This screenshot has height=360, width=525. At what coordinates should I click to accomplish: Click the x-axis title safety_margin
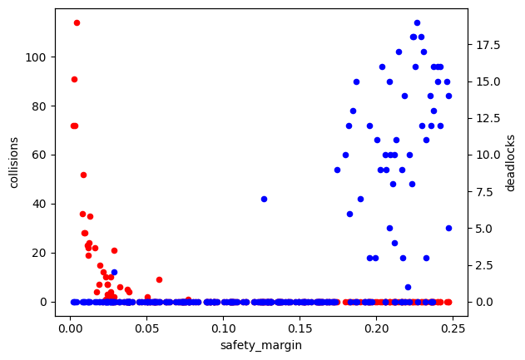coord(260,345)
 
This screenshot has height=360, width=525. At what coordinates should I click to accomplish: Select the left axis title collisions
coord(14,161)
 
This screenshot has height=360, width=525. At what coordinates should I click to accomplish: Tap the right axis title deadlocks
coord(510,162)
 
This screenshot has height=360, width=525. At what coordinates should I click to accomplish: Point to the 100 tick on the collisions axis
coord(37,57)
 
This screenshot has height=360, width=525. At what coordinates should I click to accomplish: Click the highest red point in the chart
coord(77,22)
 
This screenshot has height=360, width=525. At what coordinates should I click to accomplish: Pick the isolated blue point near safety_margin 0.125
coord(264,199)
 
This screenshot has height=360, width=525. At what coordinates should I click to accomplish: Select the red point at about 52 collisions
coord(83,175)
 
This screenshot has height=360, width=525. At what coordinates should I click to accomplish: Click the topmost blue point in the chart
coord(417,22)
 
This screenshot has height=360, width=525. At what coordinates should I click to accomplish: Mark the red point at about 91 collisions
coord(74,79)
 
